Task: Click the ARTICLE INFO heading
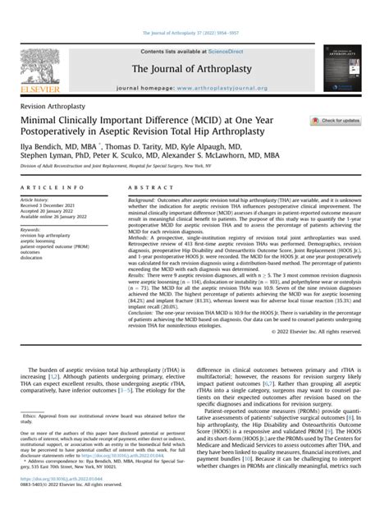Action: click(x=46, y=187)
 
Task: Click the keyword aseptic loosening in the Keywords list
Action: click(x=41, y=239)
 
